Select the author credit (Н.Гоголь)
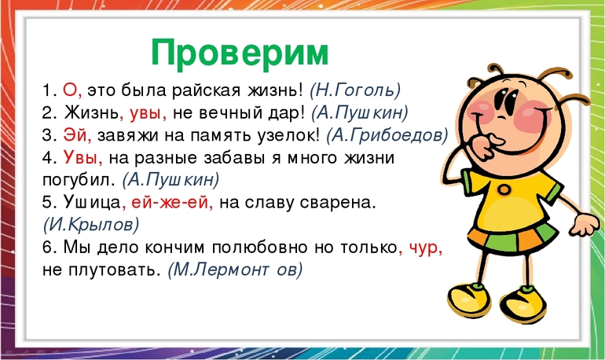[355, 90]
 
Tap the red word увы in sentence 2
[145, 114]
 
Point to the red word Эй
[75, 135]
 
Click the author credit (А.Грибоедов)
[387, 135]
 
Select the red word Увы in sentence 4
[80, 158]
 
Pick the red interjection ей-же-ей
[170, 203]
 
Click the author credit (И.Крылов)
[91, 225]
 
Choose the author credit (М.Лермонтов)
[236, 270]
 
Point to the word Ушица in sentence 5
[92, 203]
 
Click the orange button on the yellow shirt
[504, 189]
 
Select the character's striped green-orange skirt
[513, 237]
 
